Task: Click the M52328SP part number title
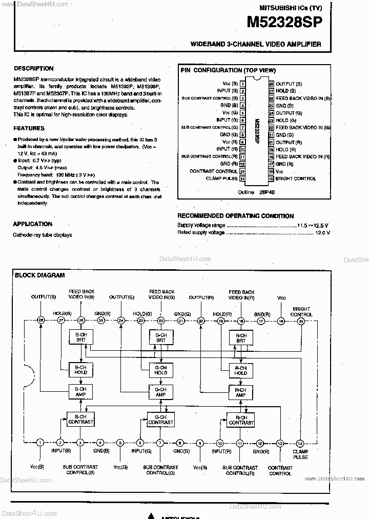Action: [x=285, y=22]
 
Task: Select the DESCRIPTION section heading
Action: [x=33, y=68]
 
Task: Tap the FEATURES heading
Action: [x=29, y=128]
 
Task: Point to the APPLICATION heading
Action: [x=32, y=224]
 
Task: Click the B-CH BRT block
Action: [x=80, y=337]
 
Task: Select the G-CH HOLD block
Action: [x=160, y=370]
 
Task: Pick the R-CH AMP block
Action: [x=240, y=392]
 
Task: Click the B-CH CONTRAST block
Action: [x=80, y=419]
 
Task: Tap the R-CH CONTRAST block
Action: [x=240, y=420]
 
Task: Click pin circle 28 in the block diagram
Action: [x=40, y=321]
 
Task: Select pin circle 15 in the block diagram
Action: [x=301, y=321]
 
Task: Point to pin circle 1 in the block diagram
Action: [x=40, y=443]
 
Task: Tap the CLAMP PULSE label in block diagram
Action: [x=301, y=454]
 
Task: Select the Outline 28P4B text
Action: [x=250, y=192]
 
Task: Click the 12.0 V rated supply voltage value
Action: [x=322, y=232]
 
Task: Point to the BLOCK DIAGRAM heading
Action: [x=39, y=275]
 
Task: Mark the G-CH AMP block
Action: [x=160, y=392]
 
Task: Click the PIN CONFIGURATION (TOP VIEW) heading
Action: [x=228, y=71]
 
